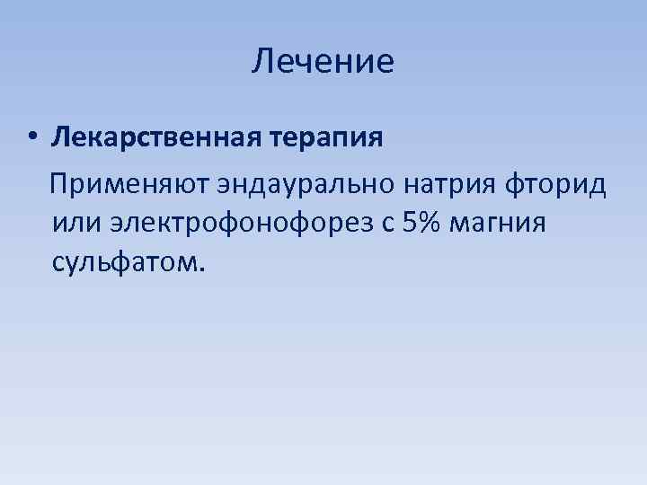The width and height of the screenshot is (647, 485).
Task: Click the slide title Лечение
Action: tap(323, 62)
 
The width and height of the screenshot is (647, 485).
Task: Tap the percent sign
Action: tap(430, 220)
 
